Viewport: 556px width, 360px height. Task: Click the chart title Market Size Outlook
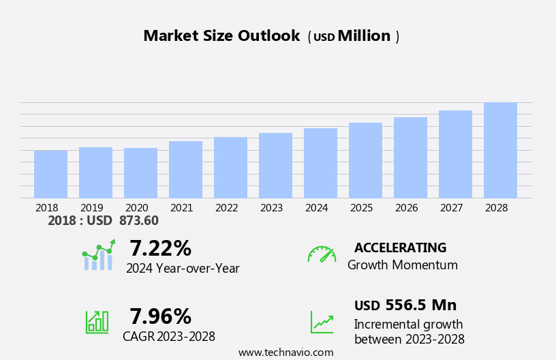221,36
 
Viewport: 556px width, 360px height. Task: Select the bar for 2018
50,175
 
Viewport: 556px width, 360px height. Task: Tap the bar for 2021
185,170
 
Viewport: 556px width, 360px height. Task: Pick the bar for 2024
320,164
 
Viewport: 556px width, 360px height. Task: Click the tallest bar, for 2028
500,151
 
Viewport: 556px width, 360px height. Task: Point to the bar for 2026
410,158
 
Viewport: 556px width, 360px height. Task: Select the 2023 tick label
271,208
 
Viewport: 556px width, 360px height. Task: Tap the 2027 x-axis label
451,208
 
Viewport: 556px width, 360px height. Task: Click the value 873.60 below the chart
138,221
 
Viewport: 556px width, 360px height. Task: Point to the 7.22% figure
160,248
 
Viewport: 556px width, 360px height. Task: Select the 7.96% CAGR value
160,316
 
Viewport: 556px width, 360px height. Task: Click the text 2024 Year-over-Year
183,269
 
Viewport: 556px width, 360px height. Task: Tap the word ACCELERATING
400,247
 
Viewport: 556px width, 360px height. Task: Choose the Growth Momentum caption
402,265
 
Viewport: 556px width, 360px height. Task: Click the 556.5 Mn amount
420,305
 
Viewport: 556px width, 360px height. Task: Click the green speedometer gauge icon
322,255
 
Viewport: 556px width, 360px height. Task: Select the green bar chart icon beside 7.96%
97,321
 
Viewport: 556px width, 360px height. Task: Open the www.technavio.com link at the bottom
285,352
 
